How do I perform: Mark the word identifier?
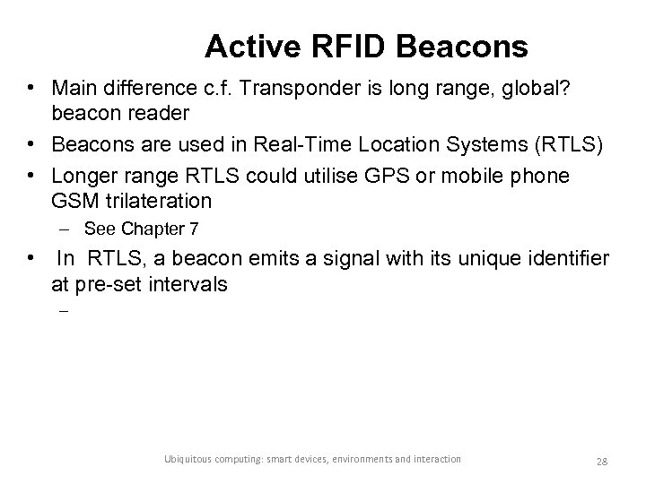(564, 260)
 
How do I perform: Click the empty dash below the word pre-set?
(64, 313)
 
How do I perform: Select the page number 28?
(602, 460)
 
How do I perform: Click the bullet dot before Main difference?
(31, 89)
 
